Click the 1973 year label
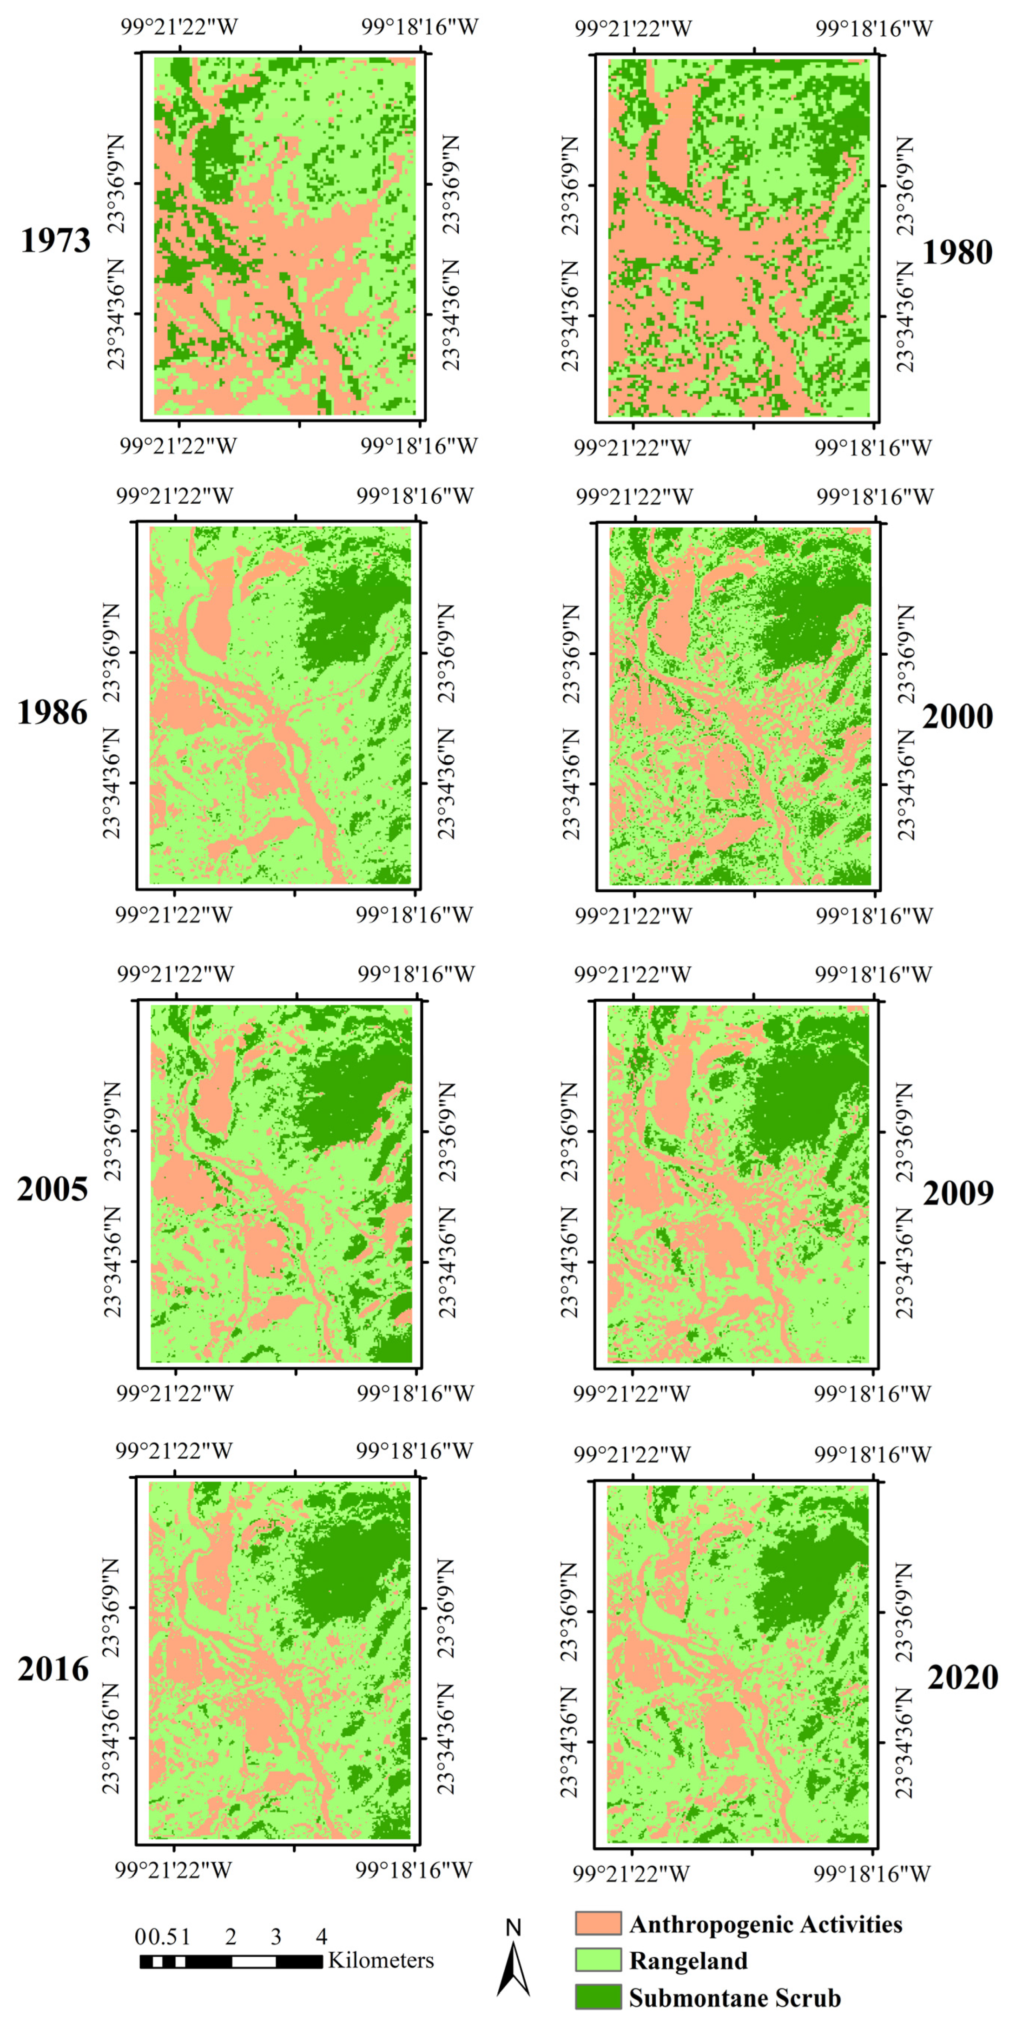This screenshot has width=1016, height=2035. coord(55,240)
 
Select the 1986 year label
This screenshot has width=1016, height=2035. coord(52,712)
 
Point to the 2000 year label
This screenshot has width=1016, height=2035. coord(957,717)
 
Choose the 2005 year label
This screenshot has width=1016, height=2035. coord(52,1189)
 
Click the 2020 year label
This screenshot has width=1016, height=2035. coord(962,1676)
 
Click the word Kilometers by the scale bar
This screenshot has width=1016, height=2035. coord(381,1961)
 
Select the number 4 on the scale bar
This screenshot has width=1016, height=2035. coord(321,1937)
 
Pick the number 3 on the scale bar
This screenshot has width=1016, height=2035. coord(276,1937)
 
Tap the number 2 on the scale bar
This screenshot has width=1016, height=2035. coord(231,1937)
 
